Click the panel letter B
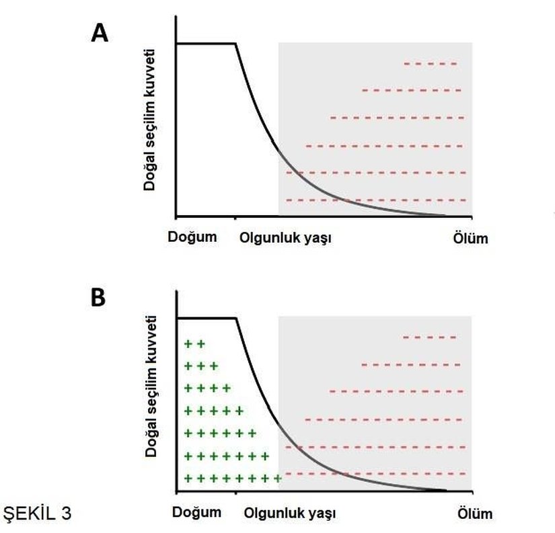point(98,298)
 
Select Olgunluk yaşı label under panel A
point(286,238)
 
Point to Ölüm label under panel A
point(468,238)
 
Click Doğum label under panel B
point(197,512)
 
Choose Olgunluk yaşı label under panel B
point(289,514)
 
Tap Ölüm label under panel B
point(474,514)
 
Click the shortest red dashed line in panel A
point(431,64)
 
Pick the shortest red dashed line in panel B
point(430,337)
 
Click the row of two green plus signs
point(194,344)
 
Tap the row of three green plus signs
point(200,366)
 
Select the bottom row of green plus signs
point(232,479)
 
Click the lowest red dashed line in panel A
point(375,200)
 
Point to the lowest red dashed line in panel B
point(375,474)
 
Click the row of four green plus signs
point(207,388)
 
